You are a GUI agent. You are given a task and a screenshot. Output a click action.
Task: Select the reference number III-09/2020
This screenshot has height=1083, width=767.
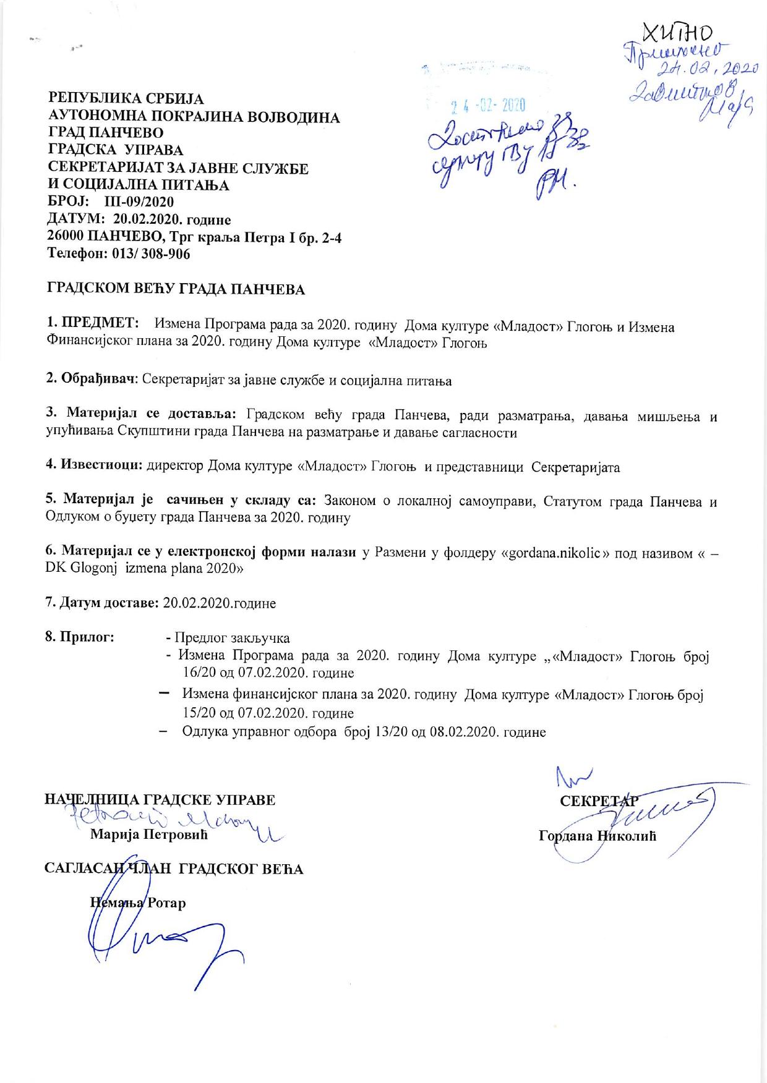coord(135,202)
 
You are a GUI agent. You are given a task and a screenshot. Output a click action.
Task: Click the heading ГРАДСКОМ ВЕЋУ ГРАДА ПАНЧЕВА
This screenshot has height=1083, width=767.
coord(176,289)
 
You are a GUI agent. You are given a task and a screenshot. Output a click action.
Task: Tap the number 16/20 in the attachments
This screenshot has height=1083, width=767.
coord(199,672)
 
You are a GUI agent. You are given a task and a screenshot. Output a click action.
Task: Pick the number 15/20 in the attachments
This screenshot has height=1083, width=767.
coord(199,713)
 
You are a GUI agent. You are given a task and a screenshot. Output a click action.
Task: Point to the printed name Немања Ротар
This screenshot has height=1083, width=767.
coord(137,902)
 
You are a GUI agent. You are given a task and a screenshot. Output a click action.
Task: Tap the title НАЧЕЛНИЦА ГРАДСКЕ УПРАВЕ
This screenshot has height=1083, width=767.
coord(161,799)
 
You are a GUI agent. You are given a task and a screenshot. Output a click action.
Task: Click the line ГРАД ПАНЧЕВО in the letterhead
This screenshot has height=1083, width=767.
coord(106,132)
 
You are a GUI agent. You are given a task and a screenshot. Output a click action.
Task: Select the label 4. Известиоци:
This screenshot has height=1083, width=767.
coord(95,466)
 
